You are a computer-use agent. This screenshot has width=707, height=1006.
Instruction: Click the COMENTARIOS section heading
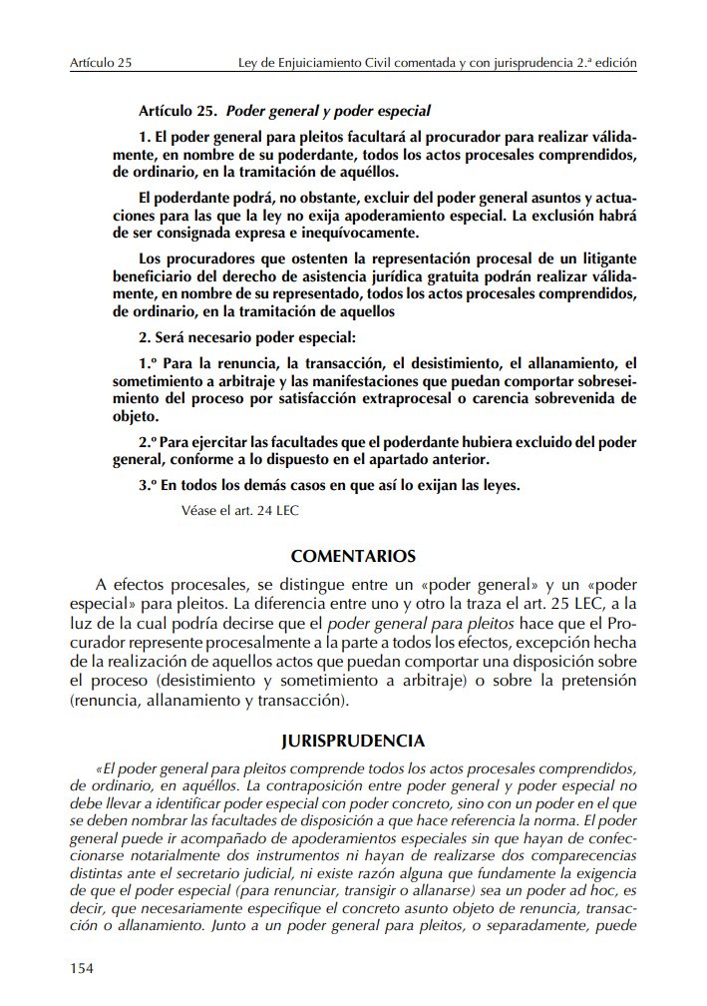click(x=353, y=556)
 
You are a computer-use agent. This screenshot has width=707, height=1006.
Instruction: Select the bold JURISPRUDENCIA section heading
click(x=353, y=741)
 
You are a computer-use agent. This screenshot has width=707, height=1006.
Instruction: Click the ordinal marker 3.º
click(x=149, y=486)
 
